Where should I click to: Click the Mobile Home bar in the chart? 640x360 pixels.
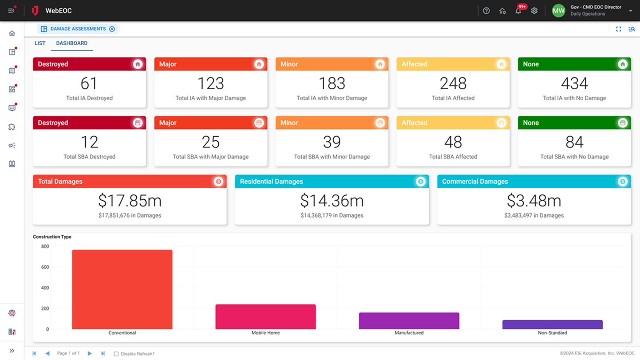click(265, 316)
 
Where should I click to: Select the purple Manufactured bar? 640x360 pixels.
click(409, 320)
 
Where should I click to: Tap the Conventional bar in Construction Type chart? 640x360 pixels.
click(122, 289)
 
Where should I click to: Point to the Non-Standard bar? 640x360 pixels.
click(552, 324)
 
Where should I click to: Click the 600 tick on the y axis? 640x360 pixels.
click(45, 267)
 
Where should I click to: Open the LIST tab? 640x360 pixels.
click(40, 44)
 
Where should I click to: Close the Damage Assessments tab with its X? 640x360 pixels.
click(112, 29)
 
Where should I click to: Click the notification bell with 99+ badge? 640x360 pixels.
click(518, 11)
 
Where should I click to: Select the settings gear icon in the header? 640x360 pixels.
click(534, 11)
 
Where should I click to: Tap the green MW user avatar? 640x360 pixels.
click(558, 11)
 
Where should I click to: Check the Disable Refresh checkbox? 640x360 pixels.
click(116, 354)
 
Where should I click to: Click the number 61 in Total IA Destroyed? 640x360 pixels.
click(89, 83)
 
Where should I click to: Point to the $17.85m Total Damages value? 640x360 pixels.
click(130, 201)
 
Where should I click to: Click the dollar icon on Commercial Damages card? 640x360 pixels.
click(622, 181)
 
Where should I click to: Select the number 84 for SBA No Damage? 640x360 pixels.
click(574, 142)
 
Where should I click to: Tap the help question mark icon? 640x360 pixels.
click(486, 11)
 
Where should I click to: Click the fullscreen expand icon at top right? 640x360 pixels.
click(618, 29)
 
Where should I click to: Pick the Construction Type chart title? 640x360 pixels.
click(52, 237)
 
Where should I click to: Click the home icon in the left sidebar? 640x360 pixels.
click(12, 33)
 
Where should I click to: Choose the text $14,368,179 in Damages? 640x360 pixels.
click(332, 216)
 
